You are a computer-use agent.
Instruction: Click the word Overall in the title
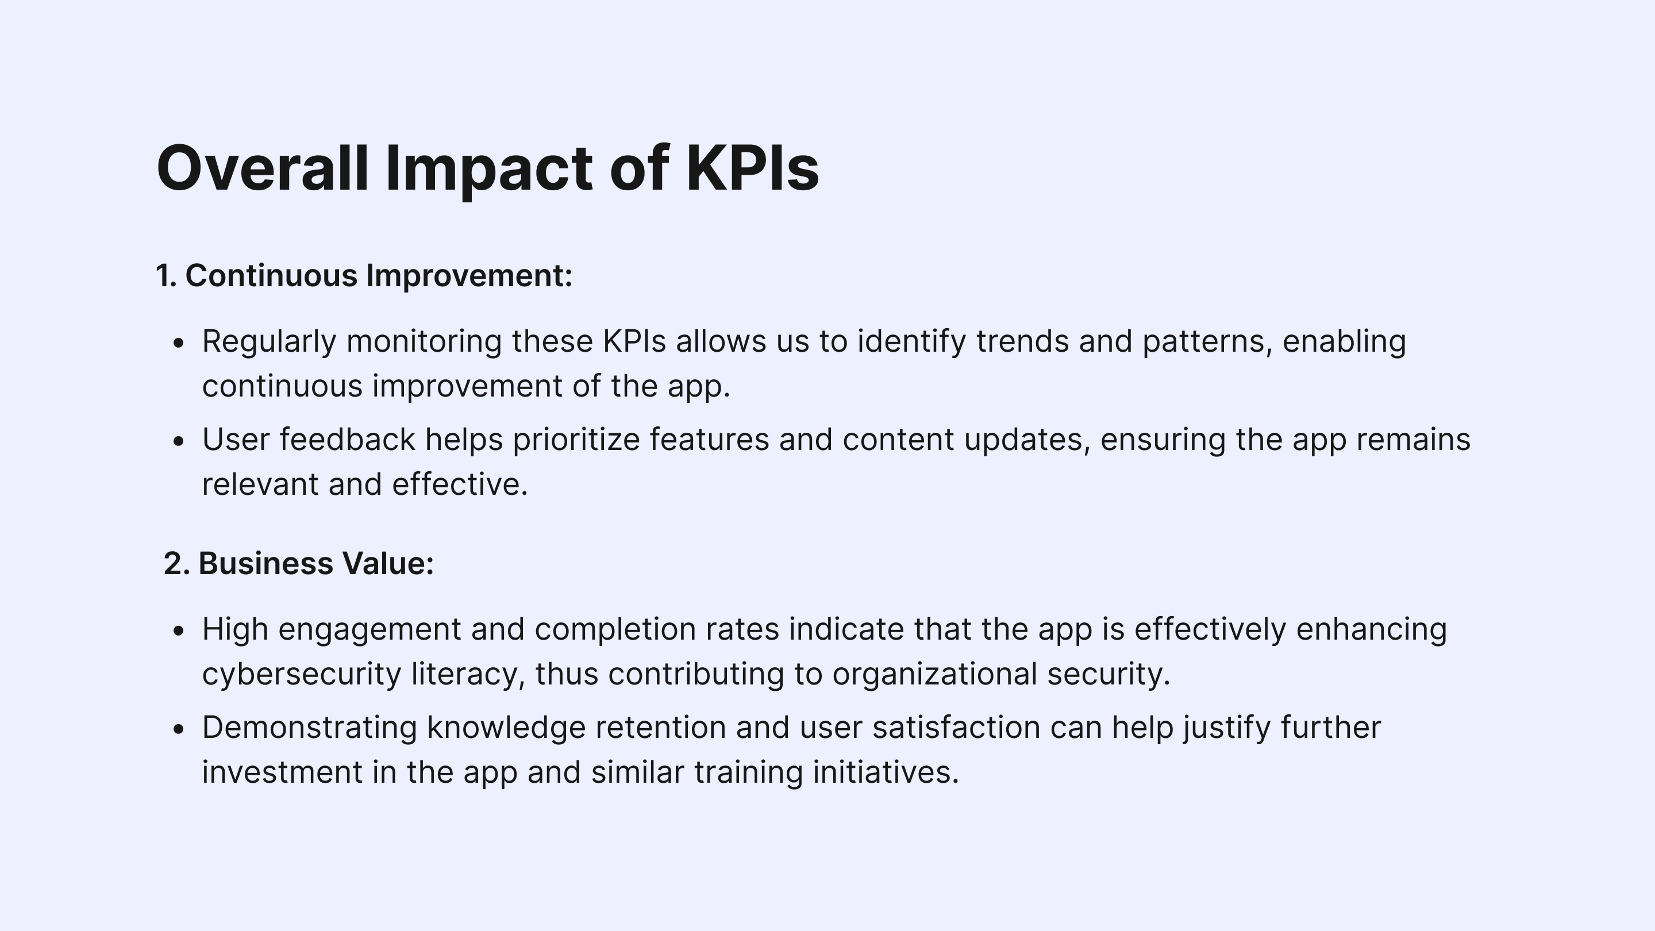(x=263, y=168)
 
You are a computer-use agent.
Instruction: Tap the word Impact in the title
(x=489, y=171)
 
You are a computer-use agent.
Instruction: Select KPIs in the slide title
(x=752, y=168)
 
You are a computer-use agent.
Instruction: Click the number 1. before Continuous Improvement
(x=165, y=276)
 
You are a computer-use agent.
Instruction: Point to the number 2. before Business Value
(x=176, y=563)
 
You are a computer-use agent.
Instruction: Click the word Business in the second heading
(x=265, y=563)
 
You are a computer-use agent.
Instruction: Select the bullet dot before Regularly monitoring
(x=179, y=343)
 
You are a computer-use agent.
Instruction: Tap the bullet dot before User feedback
(x=179, y=441)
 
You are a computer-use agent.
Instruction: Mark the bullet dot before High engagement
(x=179, y=631)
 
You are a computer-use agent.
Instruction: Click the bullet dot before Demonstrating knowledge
(x=179, y=729)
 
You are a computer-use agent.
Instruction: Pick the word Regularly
(x=269, y=342)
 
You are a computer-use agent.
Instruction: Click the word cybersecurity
(x=302, y=675)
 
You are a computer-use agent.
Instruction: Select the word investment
(x=283, y=772)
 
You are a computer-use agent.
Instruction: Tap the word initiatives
(x=886, y=772)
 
